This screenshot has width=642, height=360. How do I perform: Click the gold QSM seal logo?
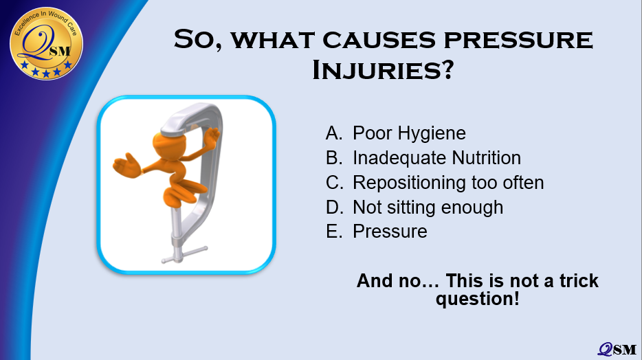pyautogui.click(x=46, y=43)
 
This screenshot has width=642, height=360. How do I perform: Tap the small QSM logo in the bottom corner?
pyautogui.click(x=617, y=349)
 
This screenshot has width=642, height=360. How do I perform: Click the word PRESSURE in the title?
pyautogui.click(x=518, y=40)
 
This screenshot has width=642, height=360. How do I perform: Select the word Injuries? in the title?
pyautogui.click(x=383, y=70)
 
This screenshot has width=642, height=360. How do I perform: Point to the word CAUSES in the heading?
pyautogui.click(x=379, y=40)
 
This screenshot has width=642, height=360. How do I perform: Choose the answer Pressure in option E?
pyautogui.click(x=390, y=232)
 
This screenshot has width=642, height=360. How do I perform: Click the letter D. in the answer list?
pyautogui.click(x=335, y=207)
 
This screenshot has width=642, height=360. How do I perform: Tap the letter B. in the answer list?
pyautogui.click(x=334, y=158)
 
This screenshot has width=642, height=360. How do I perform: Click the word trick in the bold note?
pyautogui.click(x=579, y=280)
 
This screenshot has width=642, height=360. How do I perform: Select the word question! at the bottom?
pyautogui.click(x=478, y=299)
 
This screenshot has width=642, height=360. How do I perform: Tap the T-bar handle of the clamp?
pyautogui.click(x=185, y=254)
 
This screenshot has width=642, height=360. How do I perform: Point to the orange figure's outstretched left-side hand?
pyautogui.click(x=126, y=166)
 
